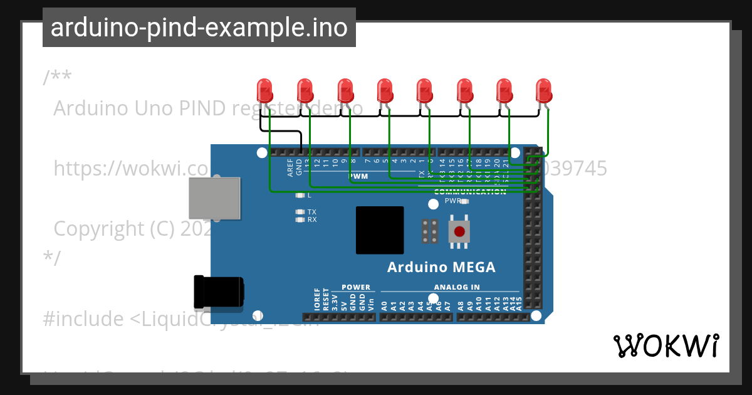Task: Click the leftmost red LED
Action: point(264,91)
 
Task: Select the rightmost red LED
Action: point(544,91)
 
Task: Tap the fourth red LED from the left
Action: point(384,91)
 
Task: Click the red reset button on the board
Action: point(459,231)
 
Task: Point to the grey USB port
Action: point(214,197)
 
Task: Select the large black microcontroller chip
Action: point(380,230)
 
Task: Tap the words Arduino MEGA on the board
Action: point(441,267)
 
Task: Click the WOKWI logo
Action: point(666,346)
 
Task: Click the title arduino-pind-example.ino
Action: point(199,28)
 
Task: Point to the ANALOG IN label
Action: point(456,287)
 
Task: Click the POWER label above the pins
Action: point(356,287)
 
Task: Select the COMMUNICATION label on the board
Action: point(469,192)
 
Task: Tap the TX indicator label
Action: point(311,212)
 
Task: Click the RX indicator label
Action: point(311,219)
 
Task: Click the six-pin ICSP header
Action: point(430,231)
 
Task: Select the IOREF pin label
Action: point(317,301)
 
